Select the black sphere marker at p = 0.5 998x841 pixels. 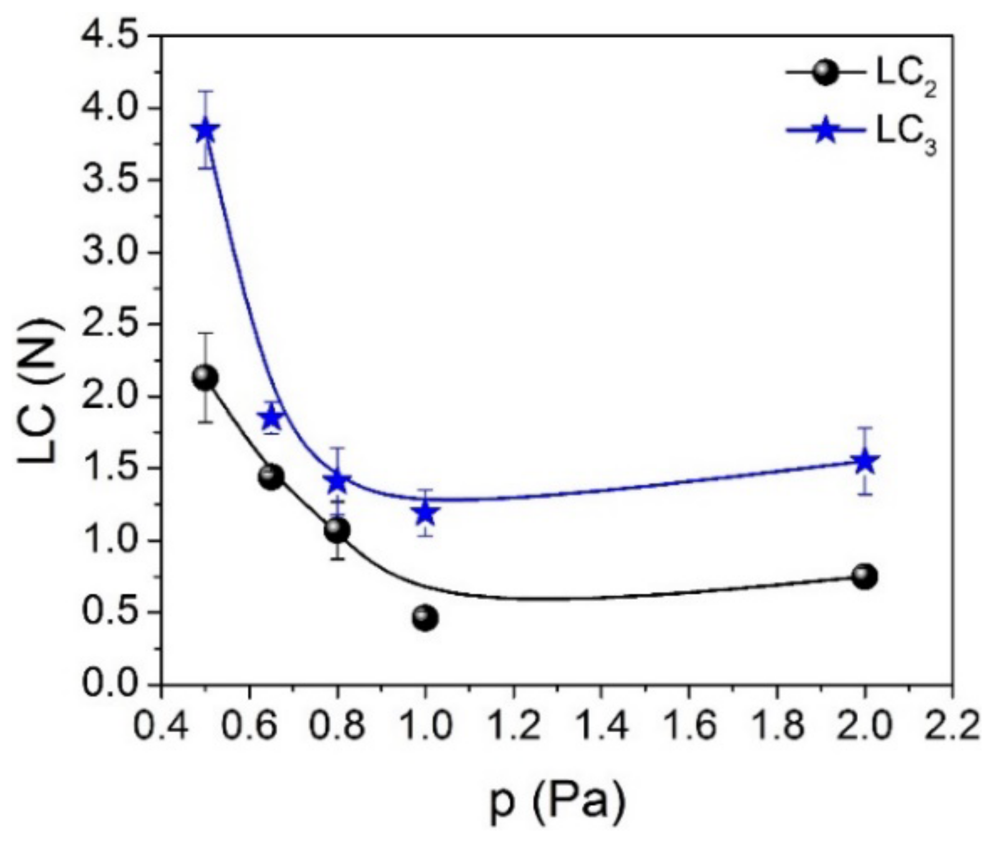click(205, 378)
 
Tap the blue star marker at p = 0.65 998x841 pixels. click(271, 417)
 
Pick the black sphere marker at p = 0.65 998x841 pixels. click(271, 477)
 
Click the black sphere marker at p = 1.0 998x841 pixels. click(426, 618)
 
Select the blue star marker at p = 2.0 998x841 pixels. click(865, 461)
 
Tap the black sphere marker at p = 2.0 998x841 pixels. click(865, 576)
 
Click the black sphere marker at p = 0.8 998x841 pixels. click(337, 529)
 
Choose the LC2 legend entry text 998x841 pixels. click(907, 74)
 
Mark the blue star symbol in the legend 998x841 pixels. click(825, 131)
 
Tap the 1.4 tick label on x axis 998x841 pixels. click(601, 726)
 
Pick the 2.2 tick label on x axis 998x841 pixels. click(953, 726)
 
